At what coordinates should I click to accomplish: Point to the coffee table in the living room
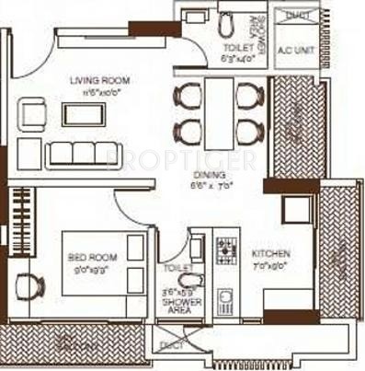(79, 112)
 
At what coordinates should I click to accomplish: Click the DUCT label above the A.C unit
(294, 16)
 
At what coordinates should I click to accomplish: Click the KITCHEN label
(273, 252)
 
